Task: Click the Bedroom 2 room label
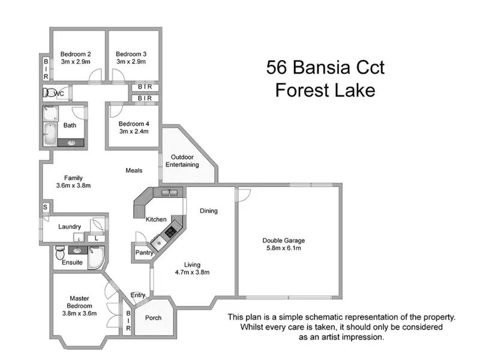click(x=76, y=53)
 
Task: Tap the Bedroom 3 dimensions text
click(x=131, y=61)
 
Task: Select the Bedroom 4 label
click(x=133, y=124)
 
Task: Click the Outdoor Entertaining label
click(x=182, y=161)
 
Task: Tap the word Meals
click(x=134, y=170)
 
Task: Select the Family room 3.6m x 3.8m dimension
click(x=73, y=185)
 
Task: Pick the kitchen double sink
click(x=169, y=193)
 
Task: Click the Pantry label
click(x=143, y=253)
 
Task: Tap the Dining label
click(x=209, y=211)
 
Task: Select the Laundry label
click(x=70, y=227)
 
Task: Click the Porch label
click(x=154, y=317)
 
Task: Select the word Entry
click(x=138, y=295)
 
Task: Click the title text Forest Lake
click(x=325, y=91)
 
